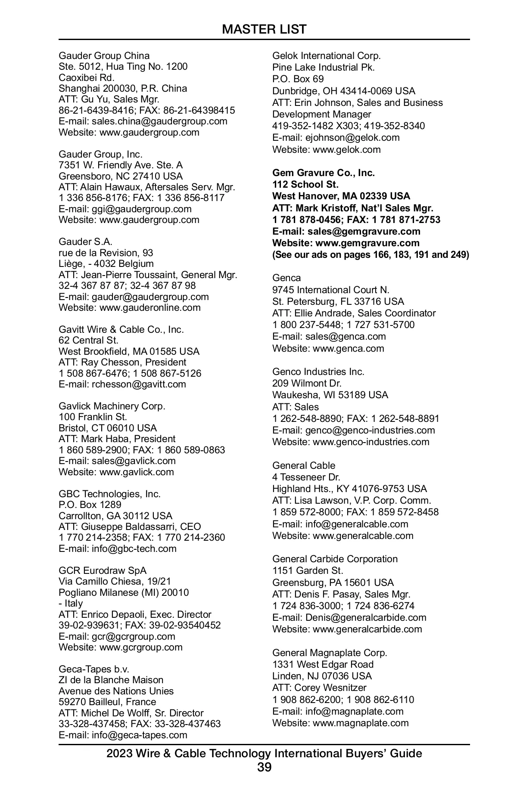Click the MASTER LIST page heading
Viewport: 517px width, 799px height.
264,29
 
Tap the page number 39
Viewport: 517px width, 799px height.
264,767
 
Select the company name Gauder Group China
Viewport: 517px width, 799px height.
104,56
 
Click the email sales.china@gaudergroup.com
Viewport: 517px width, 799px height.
159,121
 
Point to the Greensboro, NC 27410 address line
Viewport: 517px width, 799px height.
121,176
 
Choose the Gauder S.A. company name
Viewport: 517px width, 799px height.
85,242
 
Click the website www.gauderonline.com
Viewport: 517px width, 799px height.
150,307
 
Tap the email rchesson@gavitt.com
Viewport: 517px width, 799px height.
139,384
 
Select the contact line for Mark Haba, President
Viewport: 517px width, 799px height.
117,439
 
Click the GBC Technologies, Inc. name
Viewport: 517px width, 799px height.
109,494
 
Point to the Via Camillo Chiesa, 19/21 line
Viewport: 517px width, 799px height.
115,581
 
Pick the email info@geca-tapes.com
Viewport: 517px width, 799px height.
139,735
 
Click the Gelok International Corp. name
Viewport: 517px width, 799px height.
326,56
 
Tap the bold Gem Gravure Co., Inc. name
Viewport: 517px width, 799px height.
323,173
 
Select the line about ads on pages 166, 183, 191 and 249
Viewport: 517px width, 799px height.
371,254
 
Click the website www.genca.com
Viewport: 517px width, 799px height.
348,348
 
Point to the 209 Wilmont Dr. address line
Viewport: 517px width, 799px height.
307,383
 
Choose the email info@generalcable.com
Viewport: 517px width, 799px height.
357,524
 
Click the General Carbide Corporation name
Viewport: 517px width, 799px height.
335,559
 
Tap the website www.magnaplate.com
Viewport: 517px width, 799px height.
361,723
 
